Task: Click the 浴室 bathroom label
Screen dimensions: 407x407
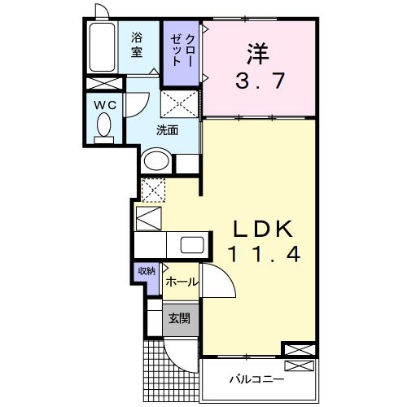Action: (137, 43)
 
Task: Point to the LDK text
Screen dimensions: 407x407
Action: (258, 226)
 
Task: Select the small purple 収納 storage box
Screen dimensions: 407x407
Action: (146, 272)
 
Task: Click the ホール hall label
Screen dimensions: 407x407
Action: (180, 282)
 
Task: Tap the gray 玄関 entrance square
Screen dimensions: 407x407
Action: (180, 318)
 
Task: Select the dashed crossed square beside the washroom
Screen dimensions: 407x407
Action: (179, 105)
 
